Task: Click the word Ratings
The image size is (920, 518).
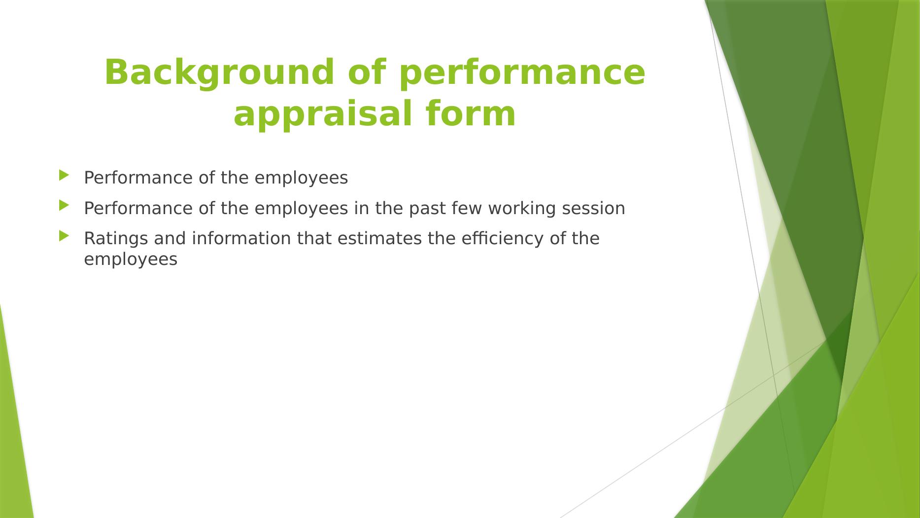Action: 116,239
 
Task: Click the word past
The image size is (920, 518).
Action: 427,209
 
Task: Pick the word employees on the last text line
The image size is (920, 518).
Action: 131,260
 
